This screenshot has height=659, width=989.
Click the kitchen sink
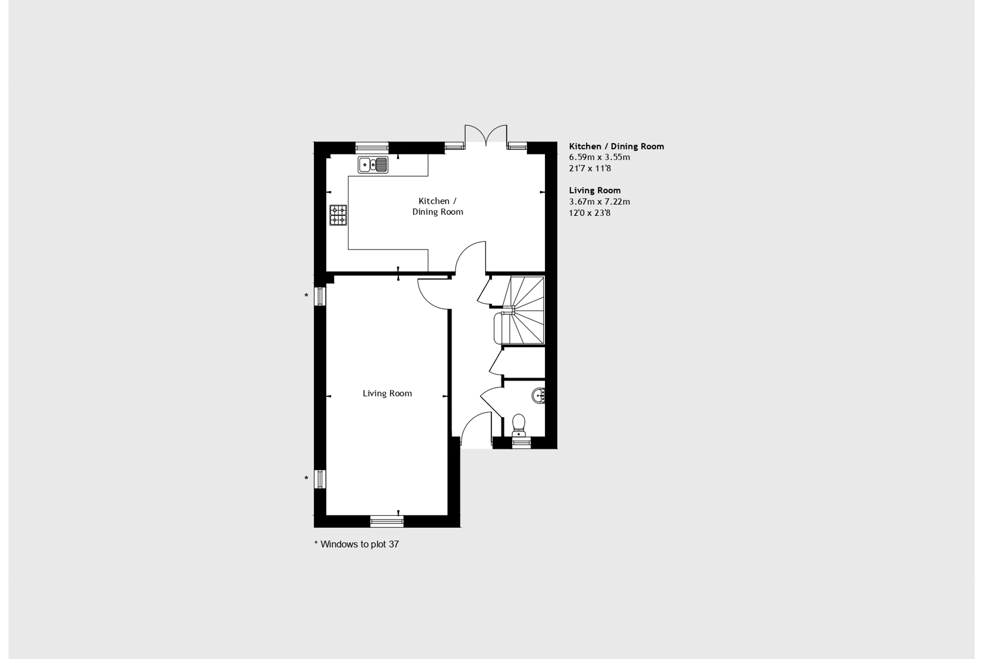373,165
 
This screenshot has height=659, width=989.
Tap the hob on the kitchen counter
338,215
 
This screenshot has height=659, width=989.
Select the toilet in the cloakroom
518,425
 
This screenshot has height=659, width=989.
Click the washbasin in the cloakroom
539,395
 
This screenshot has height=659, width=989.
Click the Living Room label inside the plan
387,393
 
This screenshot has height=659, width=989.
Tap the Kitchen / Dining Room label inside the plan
437,206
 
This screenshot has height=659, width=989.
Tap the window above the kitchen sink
372,148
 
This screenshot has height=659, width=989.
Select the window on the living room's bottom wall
387,521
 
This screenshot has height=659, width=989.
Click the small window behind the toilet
521,443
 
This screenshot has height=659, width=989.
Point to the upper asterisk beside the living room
306,296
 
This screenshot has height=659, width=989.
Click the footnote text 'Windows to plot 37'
360,544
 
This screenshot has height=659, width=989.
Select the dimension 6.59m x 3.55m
599,157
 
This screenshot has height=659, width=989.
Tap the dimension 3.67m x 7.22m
599,202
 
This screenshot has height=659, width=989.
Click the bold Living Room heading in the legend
595,190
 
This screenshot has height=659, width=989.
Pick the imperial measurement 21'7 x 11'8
590,169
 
